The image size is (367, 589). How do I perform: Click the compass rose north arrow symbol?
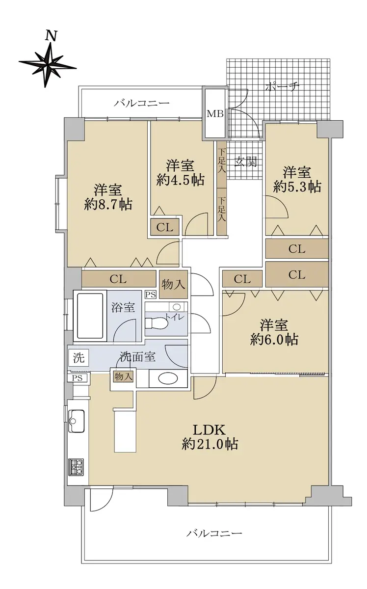(48, 63)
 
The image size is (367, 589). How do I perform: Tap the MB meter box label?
(215, 114)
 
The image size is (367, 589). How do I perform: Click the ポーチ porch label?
(283, 87)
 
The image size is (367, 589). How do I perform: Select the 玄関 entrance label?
(245, 161)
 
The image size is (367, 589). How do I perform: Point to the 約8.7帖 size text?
(108, 204)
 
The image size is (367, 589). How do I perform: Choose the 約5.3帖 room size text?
(297, 187)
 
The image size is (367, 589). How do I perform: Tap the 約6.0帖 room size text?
(274, 339)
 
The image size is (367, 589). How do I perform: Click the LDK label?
(210, 430)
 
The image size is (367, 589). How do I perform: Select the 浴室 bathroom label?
(123, 307)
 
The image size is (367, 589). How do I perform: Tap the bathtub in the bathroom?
(90, 316)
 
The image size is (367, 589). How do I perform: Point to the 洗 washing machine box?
(79, 358)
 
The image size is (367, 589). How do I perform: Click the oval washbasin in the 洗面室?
(168, 378)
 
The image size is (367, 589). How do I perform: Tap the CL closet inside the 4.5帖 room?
(164, 227)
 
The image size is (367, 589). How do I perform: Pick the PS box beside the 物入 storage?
(151, 294)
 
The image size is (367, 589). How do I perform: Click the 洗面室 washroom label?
(138, 357)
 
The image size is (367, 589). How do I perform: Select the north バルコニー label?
(142, 103)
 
